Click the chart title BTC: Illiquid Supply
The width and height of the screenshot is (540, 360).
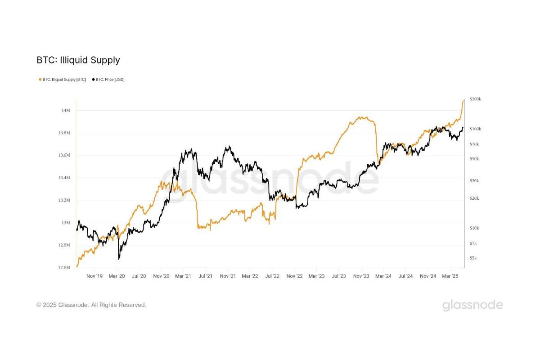coord(78,60)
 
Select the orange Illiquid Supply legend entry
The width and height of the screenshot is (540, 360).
coord(63,80)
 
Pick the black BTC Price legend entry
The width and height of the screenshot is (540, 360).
coord(108,80)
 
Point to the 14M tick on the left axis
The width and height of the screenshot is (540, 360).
coord(65,110)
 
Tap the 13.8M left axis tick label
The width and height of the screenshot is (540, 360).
coord(64,133)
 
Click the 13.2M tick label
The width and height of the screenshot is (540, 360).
coord(64,200)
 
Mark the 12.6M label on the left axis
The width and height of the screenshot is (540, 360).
coord(64,267)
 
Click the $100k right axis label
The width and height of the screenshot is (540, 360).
coord(475,129)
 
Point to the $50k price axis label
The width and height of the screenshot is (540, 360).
coord(474,159)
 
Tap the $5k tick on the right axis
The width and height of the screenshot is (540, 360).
coord(473,258)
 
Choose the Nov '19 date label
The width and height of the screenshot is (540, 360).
coord(94,276)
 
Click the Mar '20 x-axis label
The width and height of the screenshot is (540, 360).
coord(117,276)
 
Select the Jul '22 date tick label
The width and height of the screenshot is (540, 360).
coord(272,276)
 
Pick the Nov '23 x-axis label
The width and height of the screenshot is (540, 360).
coord(361,276)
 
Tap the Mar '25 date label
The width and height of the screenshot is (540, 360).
coord(450,276)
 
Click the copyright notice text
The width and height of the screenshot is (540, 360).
coord(91,305)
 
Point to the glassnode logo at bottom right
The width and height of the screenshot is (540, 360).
coord(472,305)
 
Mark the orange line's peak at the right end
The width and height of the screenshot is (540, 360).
coord(463,100)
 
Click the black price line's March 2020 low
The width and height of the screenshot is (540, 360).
coord(119,259)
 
